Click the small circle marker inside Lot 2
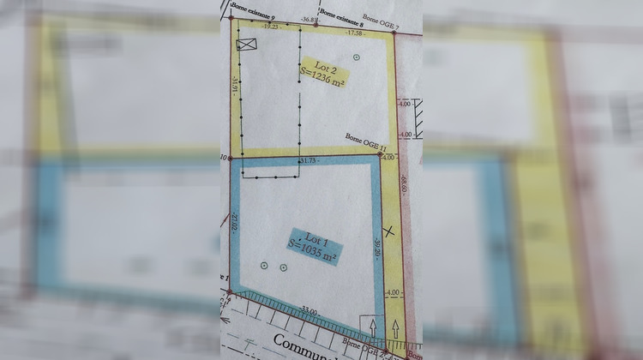tap(357, 57)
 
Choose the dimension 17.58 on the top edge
tap(354, 33)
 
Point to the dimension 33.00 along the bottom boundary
tap(309, 312)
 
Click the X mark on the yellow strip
tap(391, 231)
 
